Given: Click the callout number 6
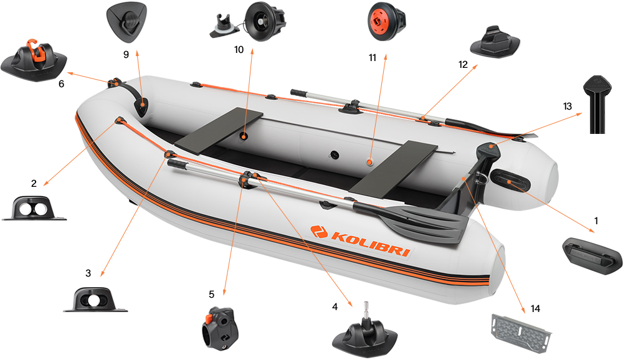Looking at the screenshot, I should coord(60,83).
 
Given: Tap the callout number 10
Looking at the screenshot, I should coord(239,49).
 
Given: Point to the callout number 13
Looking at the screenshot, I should coord(567,107).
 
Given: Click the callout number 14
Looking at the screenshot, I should coord(536,308).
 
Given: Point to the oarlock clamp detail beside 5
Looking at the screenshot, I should coord(216,324).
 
